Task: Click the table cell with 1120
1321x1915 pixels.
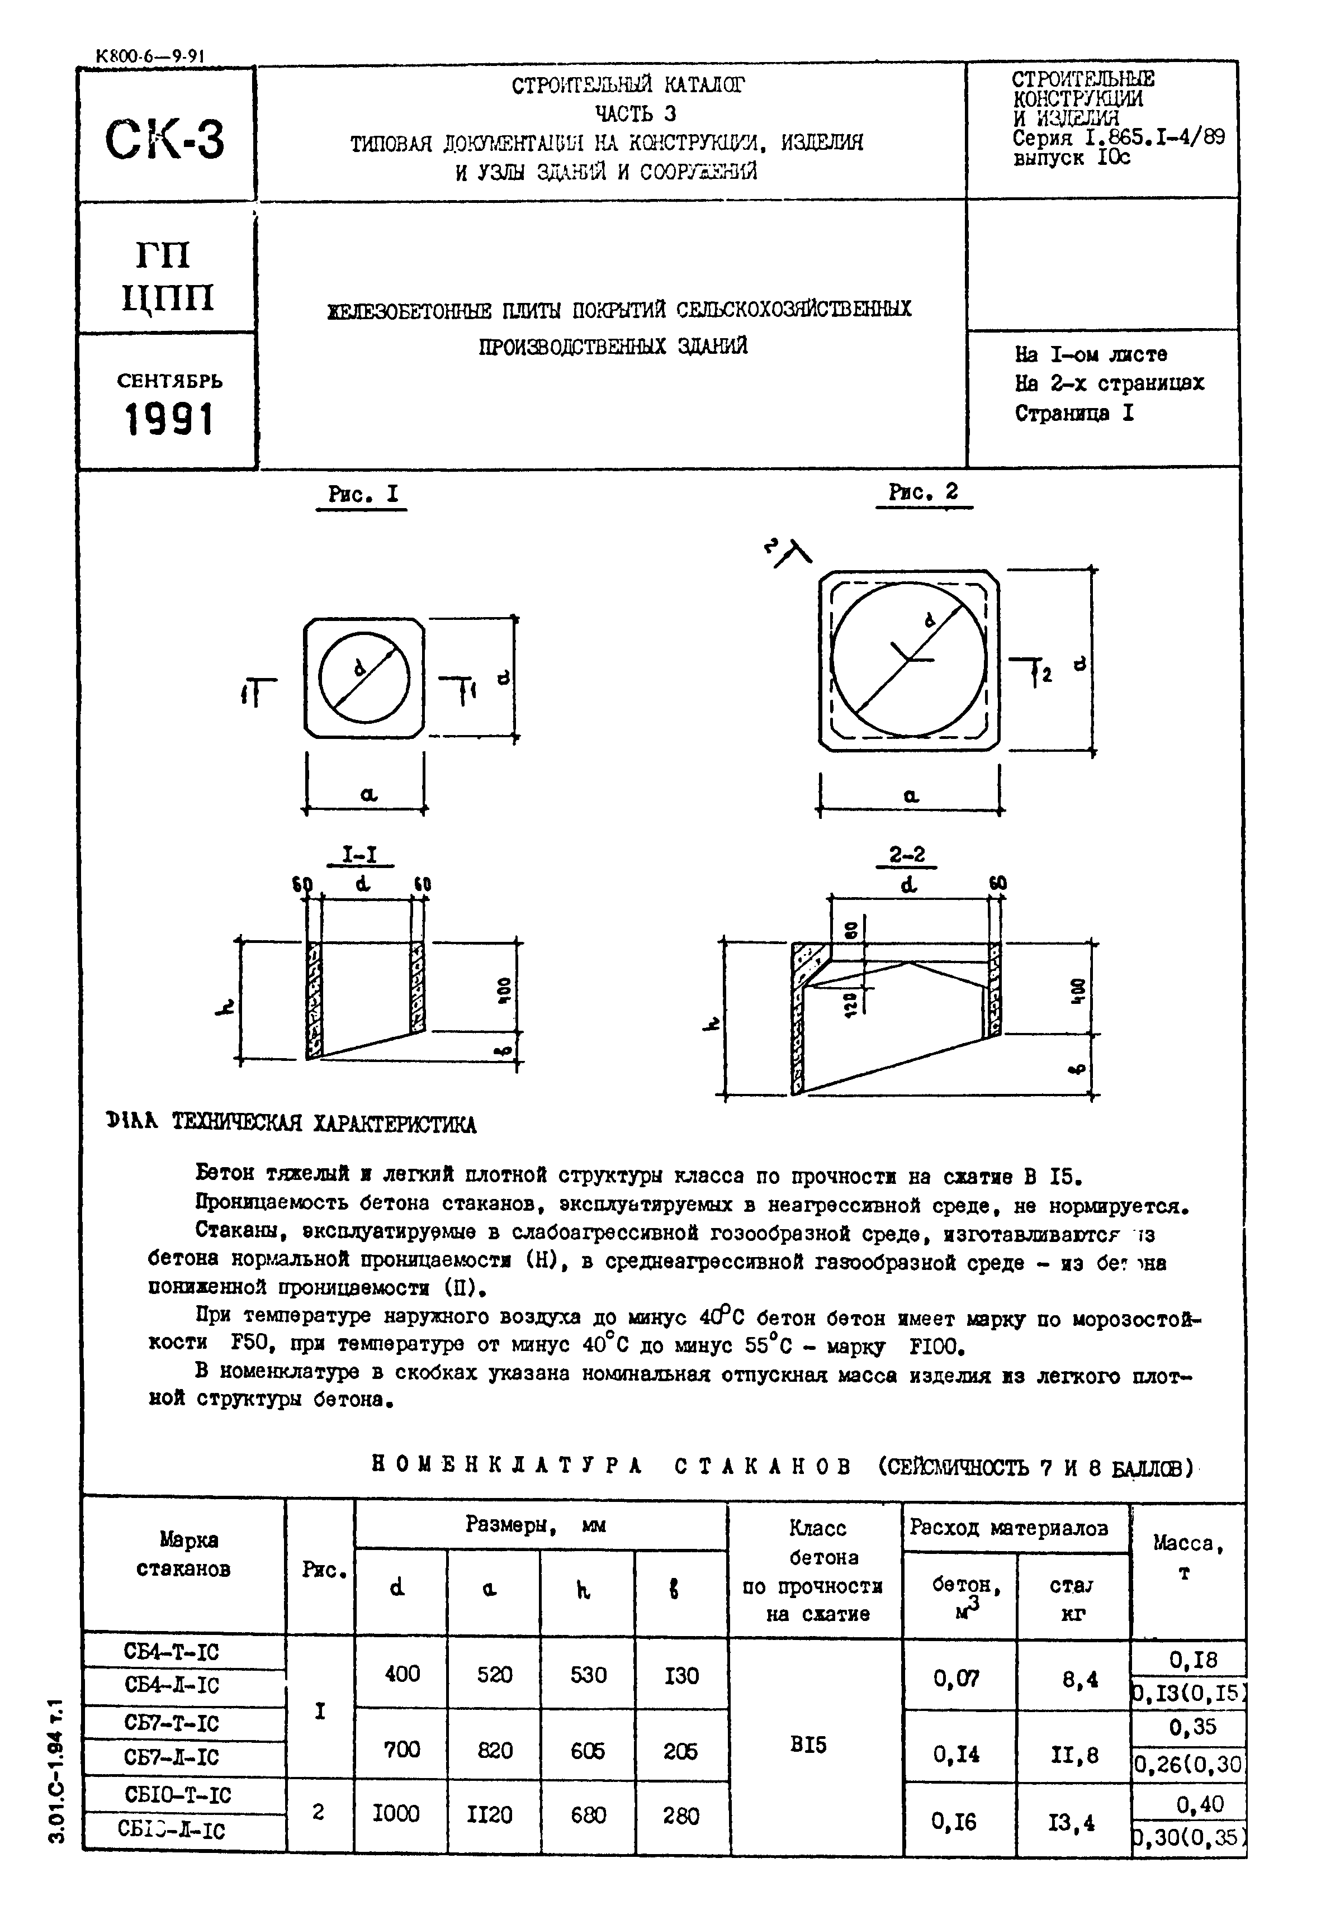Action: pos(489,1815)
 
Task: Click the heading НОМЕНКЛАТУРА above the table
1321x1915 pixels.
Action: pos(508,1466)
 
